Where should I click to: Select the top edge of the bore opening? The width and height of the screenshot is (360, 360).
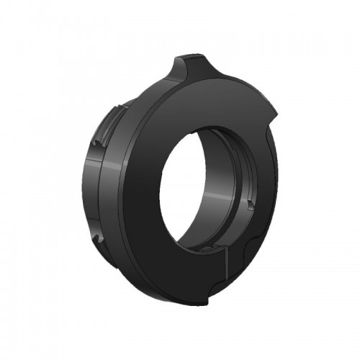[209, 125]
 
